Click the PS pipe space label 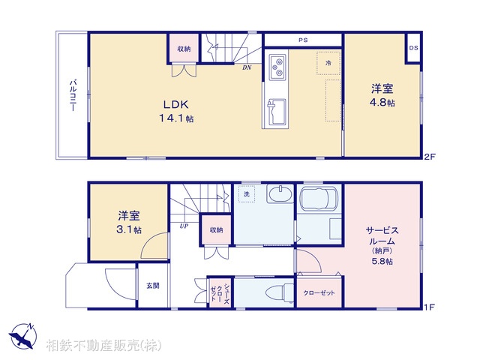[x=303, y=40]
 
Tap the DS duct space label [x=413, y=48]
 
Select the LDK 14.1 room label [x=176, y=111]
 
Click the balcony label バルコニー [x=73, y=95]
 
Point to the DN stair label [x=247, y=67]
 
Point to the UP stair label [x=184, y=226]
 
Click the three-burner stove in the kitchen [x=277, y=67]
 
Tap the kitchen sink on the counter [x=277, y=111]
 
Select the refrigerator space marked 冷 [x=328, y=63]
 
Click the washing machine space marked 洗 [x=247, y=194]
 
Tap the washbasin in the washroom [x=280, y=193]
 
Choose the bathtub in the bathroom [x=319, y=197]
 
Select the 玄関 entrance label [x=152, y=286]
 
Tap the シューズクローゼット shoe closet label [x=220, y=292]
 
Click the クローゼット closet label [x=319, y=293]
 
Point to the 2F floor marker [x=429, y=157]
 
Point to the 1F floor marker [x=429, y=307]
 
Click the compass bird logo [x=23, y=336]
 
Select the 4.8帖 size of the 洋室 [x=382, y=102]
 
